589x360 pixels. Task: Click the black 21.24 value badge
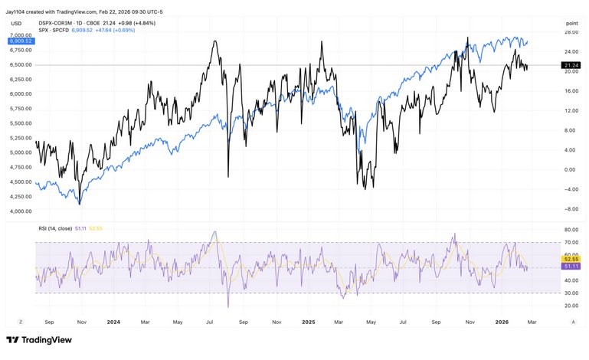570,66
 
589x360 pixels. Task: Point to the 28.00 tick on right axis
570,32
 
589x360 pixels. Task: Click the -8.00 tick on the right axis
570,208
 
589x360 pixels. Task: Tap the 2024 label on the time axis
113,322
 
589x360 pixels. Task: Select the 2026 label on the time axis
502,322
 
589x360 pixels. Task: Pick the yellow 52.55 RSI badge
570,259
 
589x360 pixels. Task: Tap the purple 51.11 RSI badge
570,266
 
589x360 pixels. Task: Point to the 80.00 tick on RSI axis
570,229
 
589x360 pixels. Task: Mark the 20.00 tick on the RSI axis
570,306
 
